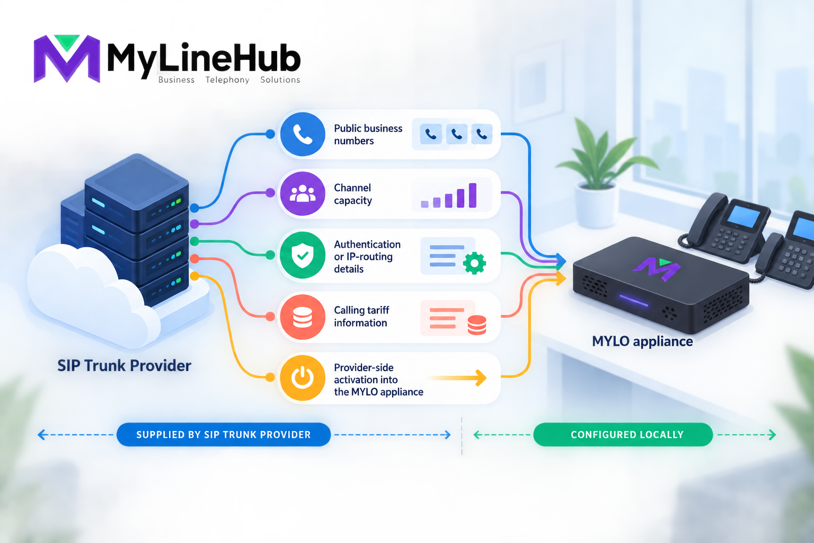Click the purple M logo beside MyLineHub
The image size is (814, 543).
pyautogui.click(x=67, y=58)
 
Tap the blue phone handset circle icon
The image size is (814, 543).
pyautogui.click(x=303, y=134)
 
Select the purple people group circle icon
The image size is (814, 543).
pyautogui.click(x=303, y=194)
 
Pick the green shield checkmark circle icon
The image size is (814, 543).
pyautogui.click(x=303, y=255)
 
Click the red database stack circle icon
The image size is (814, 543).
pyautogui.click(x=303, y=317)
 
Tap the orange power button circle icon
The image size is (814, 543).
pyautogui.click(x=303, y=378)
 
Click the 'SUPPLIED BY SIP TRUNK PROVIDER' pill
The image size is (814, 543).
pyautogui.click(x=224, y=435)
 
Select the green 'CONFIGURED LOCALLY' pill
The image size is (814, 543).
pyautogui.click(x=623, y=435)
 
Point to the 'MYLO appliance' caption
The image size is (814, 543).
pyautogui.click(x=642, y=341)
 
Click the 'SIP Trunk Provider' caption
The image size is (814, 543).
pyautogui.click(x=124, y=365)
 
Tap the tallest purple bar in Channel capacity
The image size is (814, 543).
pyautogui.click(x=472, y=195)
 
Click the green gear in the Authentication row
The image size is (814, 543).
pyautogui.click(x=474, y=262)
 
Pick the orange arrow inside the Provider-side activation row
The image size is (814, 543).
pyautogui.click(x=458, y=378)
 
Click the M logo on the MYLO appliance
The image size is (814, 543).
pyautogui.click(x=656, y=269)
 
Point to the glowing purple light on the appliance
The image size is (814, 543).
pyautogui.click(x=634, y=301)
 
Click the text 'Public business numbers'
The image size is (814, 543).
pyautogui.click(x=368, y=135)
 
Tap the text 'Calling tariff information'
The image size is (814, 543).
pyautogui.click(x=361, y=317)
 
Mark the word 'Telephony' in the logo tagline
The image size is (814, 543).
pyautogui.click(x=227, y=80)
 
